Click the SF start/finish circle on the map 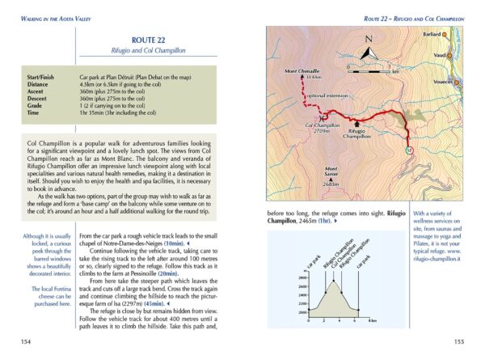[409, 150]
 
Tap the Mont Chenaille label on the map [301, 72]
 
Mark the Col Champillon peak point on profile [332, 283]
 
